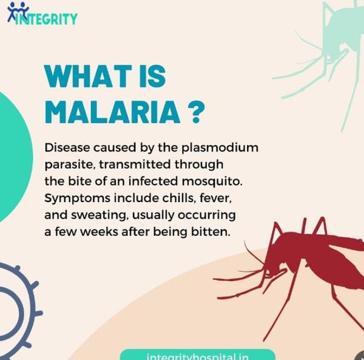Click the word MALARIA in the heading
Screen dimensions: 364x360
coord(112,112)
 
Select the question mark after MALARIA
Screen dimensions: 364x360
coord(196,112)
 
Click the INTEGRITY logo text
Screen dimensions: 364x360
coord(46,19)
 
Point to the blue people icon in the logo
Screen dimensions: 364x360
coord(18,11)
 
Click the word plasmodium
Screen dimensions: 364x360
coord(220,148)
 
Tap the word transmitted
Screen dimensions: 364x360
coord(135,165)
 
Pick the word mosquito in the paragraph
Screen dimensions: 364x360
coord(212,182)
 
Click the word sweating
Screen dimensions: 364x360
coord(99,216)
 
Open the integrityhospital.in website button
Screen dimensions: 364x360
coord(198,355)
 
